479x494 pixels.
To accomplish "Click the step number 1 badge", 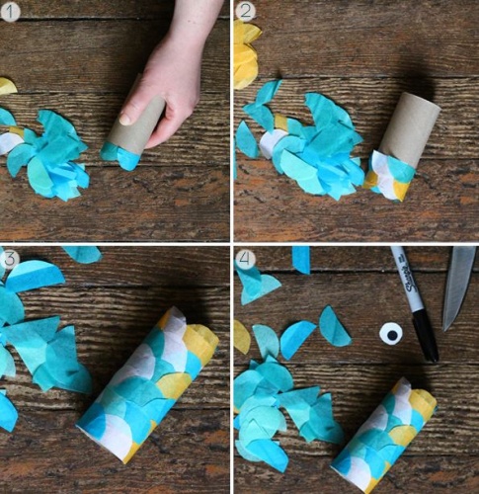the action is coord(10,12).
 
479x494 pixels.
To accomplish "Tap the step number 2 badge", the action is coord(246,12).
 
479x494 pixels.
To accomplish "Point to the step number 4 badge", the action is coord(246,258).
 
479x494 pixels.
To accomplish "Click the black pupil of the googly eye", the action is coord(392,335).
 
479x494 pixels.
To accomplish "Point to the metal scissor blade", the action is coord(458,288).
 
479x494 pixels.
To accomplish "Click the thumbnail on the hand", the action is coord(125,119).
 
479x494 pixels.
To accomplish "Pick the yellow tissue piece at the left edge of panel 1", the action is coord(7,87).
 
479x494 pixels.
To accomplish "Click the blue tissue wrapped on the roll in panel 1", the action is coord(120,156).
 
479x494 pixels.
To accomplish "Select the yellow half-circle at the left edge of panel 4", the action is coord(241,338).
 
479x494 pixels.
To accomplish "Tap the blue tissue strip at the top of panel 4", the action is coord(301,260).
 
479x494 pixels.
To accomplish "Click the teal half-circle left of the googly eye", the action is coord(333,327).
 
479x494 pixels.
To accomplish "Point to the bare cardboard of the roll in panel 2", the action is coord(410,126).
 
